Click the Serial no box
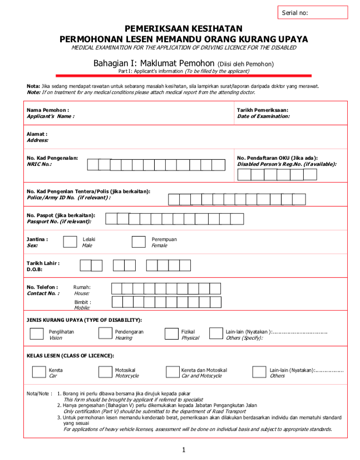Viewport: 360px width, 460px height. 312,13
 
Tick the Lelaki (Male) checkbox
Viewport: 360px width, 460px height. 70,242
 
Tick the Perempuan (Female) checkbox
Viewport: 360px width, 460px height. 139,242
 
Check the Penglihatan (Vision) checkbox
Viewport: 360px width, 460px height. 37,334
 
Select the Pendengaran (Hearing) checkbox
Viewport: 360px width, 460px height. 105,334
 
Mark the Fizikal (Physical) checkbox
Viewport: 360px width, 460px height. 171,334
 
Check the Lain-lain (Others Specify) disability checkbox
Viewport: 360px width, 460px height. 216,334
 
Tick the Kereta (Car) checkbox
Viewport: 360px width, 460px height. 39,372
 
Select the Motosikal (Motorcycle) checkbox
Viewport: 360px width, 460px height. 105,372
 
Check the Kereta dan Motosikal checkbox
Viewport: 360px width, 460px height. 172,372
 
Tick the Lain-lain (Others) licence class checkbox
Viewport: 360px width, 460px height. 259,372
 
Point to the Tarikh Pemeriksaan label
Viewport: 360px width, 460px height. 263,110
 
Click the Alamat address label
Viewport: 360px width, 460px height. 37,134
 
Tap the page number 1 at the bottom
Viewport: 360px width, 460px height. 183,449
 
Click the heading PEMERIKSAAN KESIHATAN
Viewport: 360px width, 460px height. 183,28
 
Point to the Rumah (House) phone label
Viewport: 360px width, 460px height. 82,287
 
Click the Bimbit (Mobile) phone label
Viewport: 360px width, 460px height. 82,302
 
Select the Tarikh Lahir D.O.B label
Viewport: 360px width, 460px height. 43,263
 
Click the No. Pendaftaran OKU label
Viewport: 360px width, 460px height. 277,158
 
